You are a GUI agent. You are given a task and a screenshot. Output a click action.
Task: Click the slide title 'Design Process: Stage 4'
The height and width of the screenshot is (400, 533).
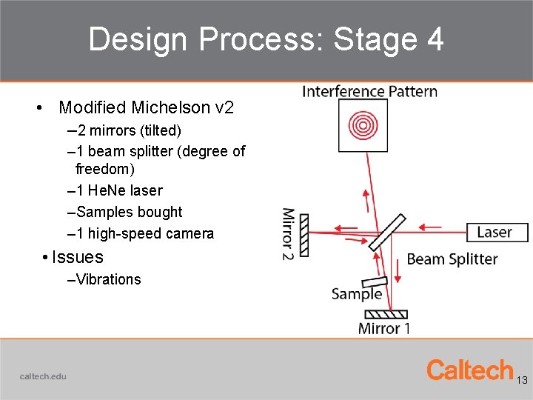pyautogui.click(x=266, y=39)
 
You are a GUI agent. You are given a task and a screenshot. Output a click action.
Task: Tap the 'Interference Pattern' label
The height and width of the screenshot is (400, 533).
pyautogui.click(x=369, y=92)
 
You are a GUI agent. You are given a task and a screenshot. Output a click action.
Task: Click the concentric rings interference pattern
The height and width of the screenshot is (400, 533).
pyautogui.click(x=363, y=124)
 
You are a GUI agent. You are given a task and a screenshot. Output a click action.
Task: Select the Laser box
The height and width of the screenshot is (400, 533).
pyautogui.click(x=497, y=232)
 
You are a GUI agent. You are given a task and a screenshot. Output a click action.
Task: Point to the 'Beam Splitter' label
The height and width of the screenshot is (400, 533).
pyautogui.click(x=452, y=259)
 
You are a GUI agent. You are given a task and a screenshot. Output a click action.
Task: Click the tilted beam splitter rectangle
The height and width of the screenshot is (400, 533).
pyautogui.click(x=387, y=233)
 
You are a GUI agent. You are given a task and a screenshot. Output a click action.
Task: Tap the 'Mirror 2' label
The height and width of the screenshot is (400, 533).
pyautogui.click(x=288, y=234)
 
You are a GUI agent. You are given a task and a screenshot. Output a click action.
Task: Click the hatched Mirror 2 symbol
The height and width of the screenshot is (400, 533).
pyautogui.click(x=304, y=236)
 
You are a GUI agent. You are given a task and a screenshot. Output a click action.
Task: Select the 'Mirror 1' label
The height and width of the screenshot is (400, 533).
pyautogui.click(x=383, y=328)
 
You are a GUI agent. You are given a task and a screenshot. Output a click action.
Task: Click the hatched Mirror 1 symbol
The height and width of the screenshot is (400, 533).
pyautogui.click(x=386, y=314)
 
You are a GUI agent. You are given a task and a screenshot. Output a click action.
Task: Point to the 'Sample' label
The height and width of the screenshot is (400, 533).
pyautogui.click(x=357, y=294)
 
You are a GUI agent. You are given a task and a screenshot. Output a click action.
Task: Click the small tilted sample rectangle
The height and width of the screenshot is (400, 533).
pyautogui.click(x=374, y=282)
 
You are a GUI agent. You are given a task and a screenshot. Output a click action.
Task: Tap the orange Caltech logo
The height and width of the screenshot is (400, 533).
pyautogui.click(x=470, y=370)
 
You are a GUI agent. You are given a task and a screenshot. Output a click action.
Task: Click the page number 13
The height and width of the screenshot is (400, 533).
pyautogui.click(x=522, y=380)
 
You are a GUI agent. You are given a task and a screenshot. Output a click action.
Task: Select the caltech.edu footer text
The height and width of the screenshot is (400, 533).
pyautogui.click(x=43, y=376)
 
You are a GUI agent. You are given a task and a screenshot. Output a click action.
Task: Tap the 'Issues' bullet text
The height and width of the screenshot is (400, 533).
pyautogui.click(x=77, y=257)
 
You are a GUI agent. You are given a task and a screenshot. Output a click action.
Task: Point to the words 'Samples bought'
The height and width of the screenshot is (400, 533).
pyautogui.click(x=130, y=212)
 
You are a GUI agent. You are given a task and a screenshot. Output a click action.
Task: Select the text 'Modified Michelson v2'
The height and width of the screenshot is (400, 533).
pyautogui.click(x=146, y=107)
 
